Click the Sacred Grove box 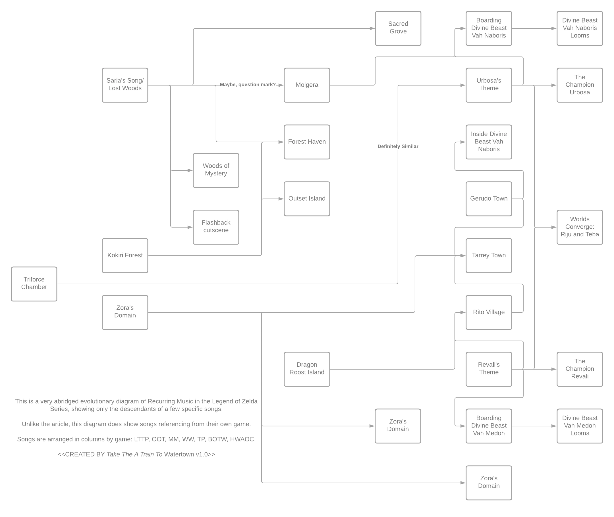click(x=398, y=28)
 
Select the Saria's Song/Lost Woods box click(x=125, y=85)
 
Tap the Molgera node click(x=307, y=85)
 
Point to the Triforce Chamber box click(x=34, y=283)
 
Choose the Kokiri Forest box click(x=125, y=255)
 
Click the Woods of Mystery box click(x=216, y=170)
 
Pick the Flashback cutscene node click(x=216, y=227)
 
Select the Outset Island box click(x=307, y=198)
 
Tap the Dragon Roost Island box click(x=307, y=369)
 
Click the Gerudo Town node click(x=489, y=198)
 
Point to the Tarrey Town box click(x=489, y=255)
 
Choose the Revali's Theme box click(x=489, y=369)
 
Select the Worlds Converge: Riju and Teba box click(x=579, y=227)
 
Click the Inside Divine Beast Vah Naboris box click(x=489, y=141)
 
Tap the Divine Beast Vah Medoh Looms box click(x=579, y=426)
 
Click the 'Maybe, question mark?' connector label click(x=248, y=85)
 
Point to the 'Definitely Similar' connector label click(x=398, y=146)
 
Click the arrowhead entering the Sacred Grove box click(x=372, y=28)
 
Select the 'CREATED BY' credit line click(x=136, y=454)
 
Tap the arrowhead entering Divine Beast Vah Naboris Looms click(x=553, y=28)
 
